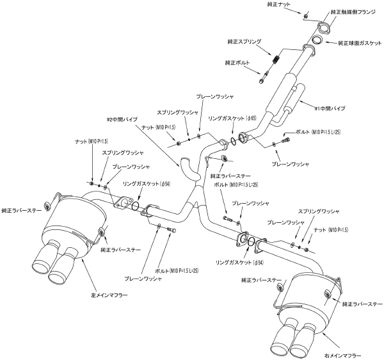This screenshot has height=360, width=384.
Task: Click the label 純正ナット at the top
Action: click(278, 4)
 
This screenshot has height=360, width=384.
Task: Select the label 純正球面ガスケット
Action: click(360, 44)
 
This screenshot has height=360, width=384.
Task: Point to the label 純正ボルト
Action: click(237, 63)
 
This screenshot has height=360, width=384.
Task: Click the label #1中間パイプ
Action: click(330, 108)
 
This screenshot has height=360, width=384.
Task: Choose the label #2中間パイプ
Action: click(122, 119)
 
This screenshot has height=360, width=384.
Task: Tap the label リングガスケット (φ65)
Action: click(232, 118)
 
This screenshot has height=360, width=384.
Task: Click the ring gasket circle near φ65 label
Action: click(233, 141)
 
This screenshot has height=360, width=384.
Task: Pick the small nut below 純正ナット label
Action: click(306, 16)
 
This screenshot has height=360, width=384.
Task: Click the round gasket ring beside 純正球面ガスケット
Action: click(318, 40)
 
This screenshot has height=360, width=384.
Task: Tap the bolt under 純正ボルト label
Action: click(264, 76)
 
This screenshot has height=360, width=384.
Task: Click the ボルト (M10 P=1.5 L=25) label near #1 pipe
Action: click(318, 132)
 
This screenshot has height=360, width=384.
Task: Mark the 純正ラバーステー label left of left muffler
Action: click(22, 210)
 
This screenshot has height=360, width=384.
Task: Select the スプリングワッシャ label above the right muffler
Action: click(319, 211)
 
